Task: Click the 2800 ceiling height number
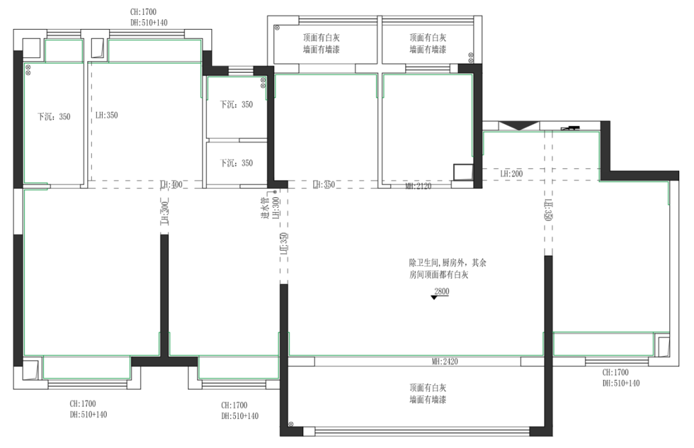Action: [x=441, y=291]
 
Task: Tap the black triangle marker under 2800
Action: [x=435, y=298]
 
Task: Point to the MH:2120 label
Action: [x=418, y=186]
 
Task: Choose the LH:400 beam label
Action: [x=172, y=185]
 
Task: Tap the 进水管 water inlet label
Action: [x=263, y=209]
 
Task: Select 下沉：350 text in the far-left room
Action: [x=53, y=117]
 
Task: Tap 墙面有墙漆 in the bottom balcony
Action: [x=428, y=400]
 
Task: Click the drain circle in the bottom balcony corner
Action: [x=292, y=424]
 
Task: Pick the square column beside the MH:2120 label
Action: [x=462, y=172]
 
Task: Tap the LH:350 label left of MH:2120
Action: [x=325, y=185]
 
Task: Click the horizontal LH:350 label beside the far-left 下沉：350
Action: [x=107, y=116]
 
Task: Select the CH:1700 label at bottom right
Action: [x=616, y=372]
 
